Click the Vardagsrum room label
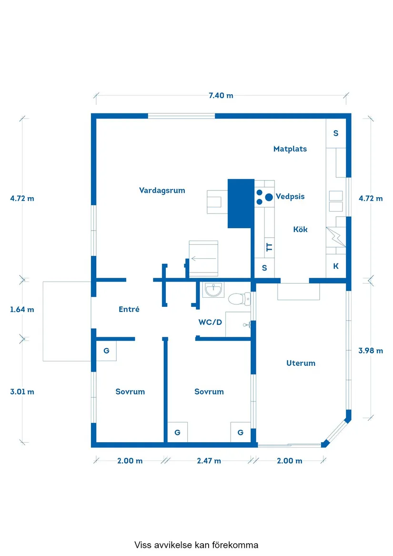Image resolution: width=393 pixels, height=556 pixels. tap(162, 191)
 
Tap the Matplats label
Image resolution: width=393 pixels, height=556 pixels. tap(290, 149)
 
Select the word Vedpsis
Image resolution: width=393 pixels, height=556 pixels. tap(290, 196)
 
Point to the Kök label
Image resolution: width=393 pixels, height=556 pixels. tap(301, 230)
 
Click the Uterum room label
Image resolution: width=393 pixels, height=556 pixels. tap(301, 363)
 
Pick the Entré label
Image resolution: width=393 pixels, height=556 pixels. tap(129, 309)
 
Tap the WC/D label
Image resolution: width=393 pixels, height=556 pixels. tap(211, 323)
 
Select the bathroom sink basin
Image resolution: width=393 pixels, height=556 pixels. tap(213, 290)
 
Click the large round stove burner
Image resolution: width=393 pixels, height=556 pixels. tap(269, 197)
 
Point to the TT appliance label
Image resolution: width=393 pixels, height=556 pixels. tap(269, 247)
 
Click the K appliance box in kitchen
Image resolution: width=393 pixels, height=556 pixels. tap(336, 266)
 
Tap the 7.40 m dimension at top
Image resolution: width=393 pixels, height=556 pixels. tap(221, 95)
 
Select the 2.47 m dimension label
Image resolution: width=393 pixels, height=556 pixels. tap(209, 461)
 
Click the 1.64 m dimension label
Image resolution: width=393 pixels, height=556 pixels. tap(22, 310)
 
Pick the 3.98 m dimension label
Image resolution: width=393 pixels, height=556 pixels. tap(371, 351)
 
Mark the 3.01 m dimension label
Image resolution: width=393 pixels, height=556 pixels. tap(22, 392)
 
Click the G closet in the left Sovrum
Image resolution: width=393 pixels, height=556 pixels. tap(106, 351)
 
